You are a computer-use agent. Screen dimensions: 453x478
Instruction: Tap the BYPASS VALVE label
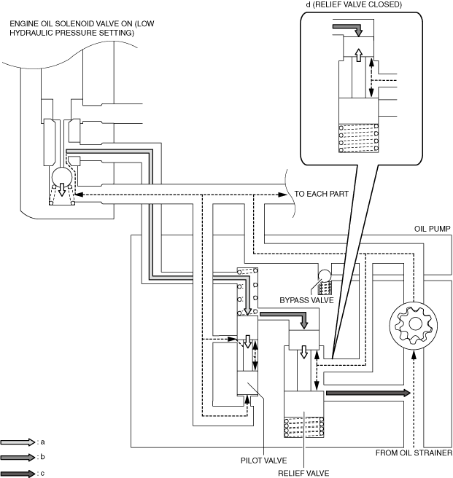(306, 300)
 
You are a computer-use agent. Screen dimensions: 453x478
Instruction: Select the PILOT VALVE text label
(264, 460)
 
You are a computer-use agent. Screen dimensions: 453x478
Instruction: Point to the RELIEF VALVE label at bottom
(303, 473)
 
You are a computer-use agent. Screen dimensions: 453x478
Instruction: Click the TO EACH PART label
(322, 194)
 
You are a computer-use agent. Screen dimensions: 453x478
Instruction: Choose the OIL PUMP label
(433, 229)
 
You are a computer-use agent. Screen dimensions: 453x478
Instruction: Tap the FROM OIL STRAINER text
(414, 452)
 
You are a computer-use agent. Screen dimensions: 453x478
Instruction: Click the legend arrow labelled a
(18, 442)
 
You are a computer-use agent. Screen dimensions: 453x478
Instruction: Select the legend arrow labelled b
(18, 458)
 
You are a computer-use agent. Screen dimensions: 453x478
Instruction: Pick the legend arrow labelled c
(18, 474)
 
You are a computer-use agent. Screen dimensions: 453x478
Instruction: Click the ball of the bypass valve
(324, 275)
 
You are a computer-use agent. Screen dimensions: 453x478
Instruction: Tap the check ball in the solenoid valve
(62, 177)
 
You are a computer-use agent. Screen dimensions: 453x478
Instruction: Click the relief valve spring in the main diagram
(304, 427)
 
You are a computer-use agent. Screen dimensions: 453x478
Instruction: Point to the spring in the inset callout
(359, 138)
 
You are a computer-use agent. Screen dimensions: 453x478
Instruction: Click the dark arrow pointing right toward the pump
(368, 393)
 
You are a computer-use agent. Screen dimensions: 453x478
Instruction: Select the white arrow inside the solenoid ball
(62, 189)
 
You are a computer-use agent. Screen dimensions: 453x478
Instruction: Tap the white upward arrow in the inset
(359, 55)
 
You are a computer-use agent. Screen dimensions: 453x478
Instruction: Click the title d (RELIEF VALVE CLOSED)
(354, 4)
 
